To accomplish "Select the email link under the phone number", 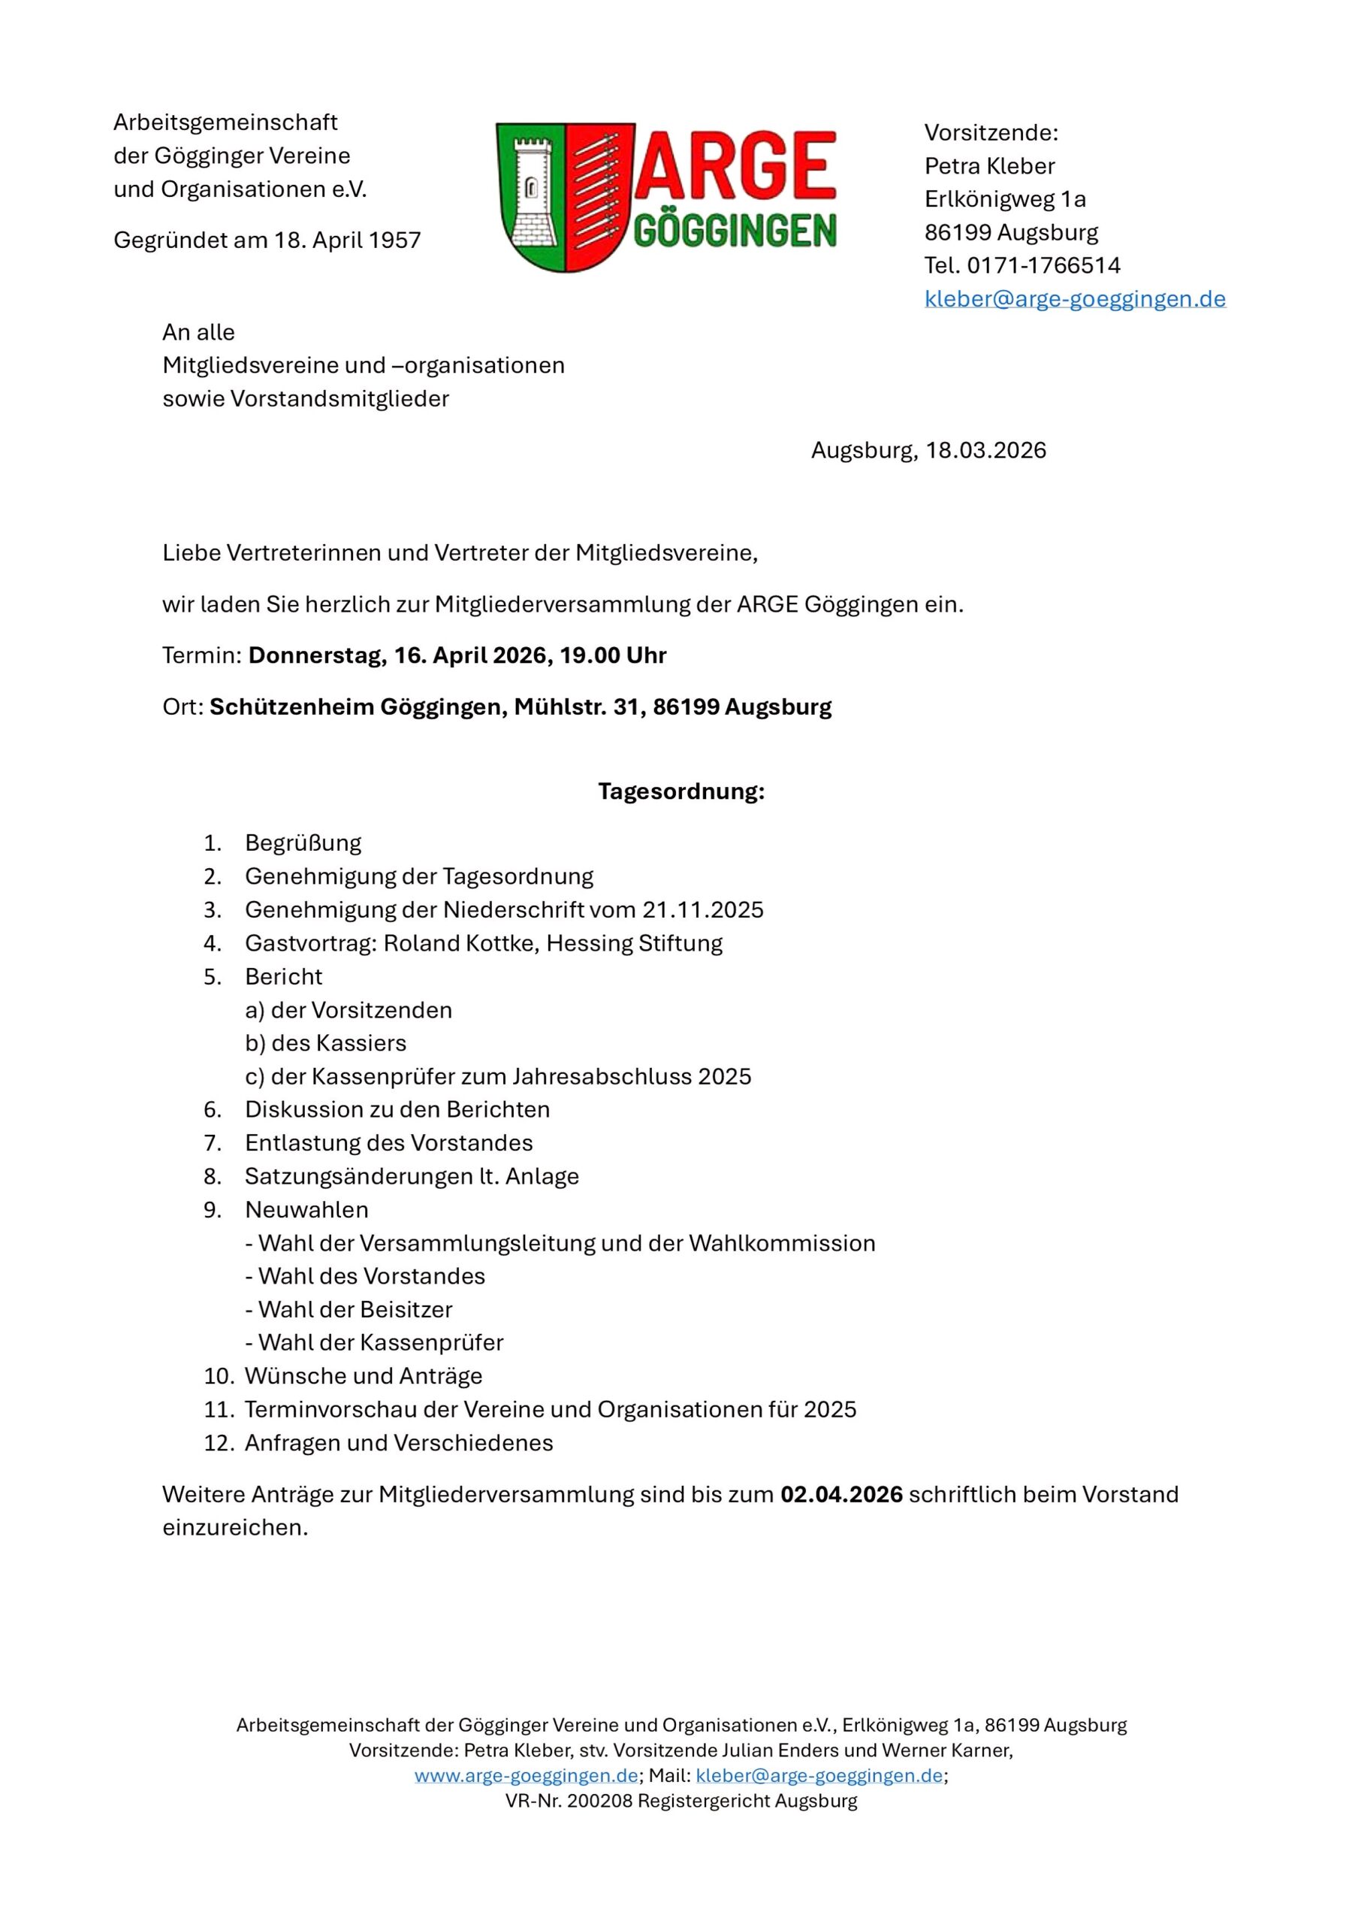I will click(x=1074, y=299).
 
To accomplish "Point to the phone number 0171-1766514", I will click(x=1043, y=265).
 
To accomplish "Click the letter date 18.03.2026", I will click(x=986, y=451).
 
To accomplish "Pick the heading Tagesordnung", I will click(x=681, y=792).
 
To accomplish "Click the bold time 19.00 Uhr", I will click(x=613, y=655).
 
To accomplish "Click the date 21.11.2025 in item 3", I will click(x=703, y=910).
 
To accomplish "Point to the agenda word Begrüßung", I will click(x=303, y=843).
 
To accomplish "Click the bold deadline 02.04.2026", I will click(x=841, y=1495).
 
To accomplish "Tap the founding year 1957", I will click(x=394, y=241).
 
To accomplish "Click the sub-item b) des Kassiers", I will click(x=326, y=1043).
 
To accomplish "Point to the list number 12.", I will click(x=217, y=1442).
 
